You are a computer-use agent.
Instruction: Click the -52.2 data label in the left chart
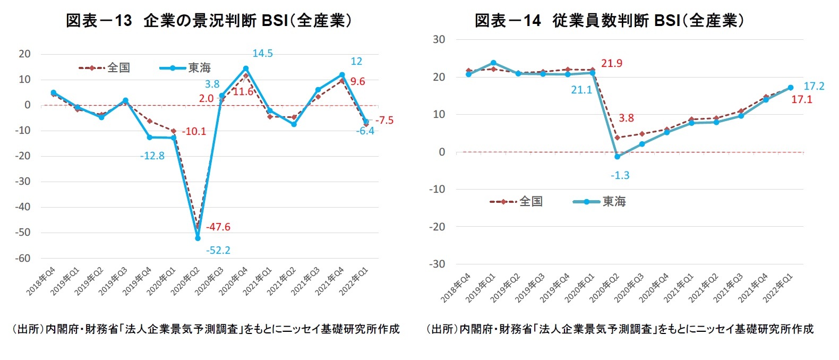218,250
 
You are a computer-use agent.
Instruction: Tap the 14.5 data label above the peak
262,54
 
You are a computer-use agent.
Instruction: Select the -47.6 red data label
218,227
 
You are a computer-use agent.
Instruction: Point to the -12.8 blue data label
152,156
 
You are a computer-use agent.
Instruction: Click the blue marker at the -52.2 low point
198,238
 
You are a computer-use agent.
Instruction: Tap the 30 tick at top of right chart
439,39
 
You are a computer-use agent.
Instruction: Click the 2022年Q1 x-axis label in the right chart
779,288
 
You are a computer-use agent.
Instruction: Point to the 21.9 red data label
611,64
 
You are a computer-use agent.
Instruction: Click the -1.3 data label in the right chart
620,175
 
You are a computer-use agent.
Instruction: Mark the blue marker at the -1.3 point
617,157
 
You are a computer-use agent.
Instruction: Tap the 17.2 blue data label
814,86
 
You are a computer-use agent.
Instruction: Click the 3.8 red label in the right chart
626,118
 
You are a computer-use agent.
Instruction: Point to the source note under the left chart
206,329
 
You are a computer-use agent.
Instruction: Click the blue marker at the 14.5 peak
246,68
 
